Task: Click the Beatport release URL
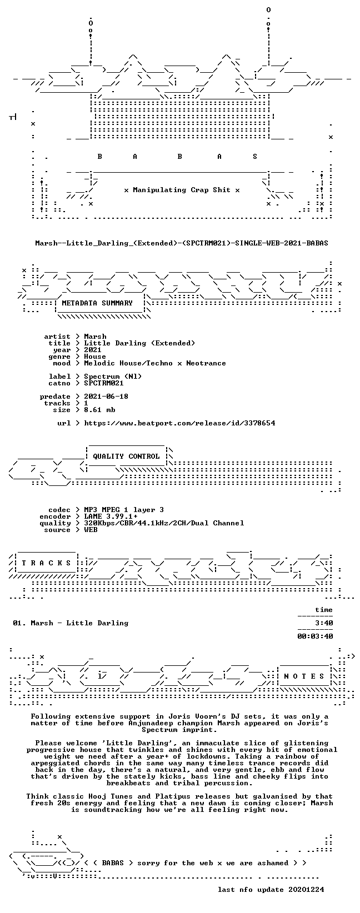[x=179, y=423]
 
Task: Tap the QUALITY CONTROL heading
[x=126, y=456]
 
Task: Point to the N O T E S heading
[x=304, y=676]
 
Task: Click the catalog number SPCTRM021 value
[x=103, y=383]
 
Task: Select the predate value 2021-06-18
[x=106, y=397]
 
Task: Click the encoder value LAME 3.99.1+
[x=111, y=516]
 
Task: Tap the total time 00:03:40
[x=315, y=636]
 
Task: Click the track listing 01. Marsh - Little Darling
[x=71, y=623]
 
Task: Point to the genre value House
[x=95, y=357]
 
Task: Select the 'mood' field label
[x=62, y=363]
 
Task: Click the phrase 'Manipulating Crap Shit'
[x=182, y=190]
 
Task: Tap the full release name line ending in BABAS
[x=182, y=243]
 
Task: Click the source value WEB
[x=91, y=530]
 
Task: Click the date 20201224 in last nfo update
[x=306, y=889]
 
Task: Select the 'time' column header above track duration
[x=324, y=610]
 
